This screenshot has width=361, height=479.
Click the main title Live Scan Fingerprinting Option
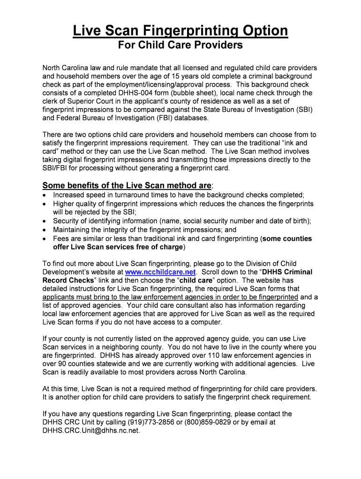pyautogui.click(x=180, y=31)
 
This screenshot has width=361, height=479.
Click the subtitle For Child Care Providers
pyautogui.click(x=180, y=45)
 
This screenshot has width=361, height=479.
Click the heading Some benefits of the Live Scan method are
pyautogui.click(x=127, y=185)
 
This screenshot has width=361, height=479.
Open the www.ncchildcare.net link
pyautogui.click(x=160, y=272)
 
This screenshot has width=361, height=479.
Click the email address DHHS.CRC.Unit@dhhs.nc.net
pyautogui.click(x=91, y=430)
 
